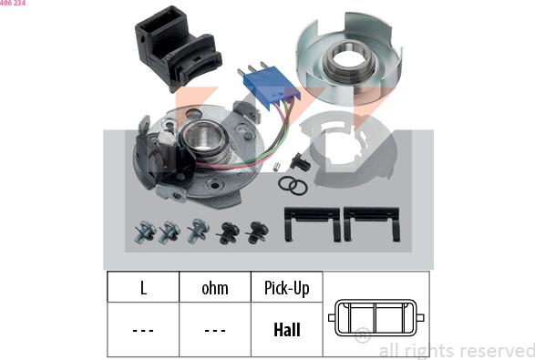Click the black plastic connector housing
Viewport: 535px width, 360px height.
click(178, 47)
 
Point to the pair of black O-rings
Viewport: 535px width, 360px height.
click(293, 186)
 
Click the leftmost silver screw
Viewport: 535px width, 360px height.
click(145, 231)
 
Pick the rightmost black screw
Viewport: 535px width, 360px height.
click(257, 232)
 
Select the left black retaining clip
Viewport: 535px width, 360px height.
click(312, 223)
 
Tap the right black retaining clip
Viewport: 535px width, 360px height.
click(372, 223)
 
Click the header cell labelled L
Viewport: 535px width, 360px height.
click(143, 287)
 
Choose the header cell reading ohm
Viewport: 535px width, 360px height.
click(215, 287)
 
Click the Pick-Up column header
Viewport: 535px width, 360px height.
click(286, 287)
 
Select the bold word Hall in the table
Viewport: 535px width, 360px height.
click(287, 330)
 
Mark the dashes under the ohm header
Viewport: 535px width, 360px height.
click(215, 330)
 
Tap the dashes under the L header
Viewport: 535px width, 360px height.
click(143, 330)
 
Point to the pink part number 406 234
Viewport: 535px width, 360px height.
click(13, 3)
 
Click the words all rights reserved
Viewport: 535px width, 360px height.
click(457, 351)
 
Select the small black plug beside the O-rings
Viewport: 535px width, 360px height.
click(300, 161)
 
